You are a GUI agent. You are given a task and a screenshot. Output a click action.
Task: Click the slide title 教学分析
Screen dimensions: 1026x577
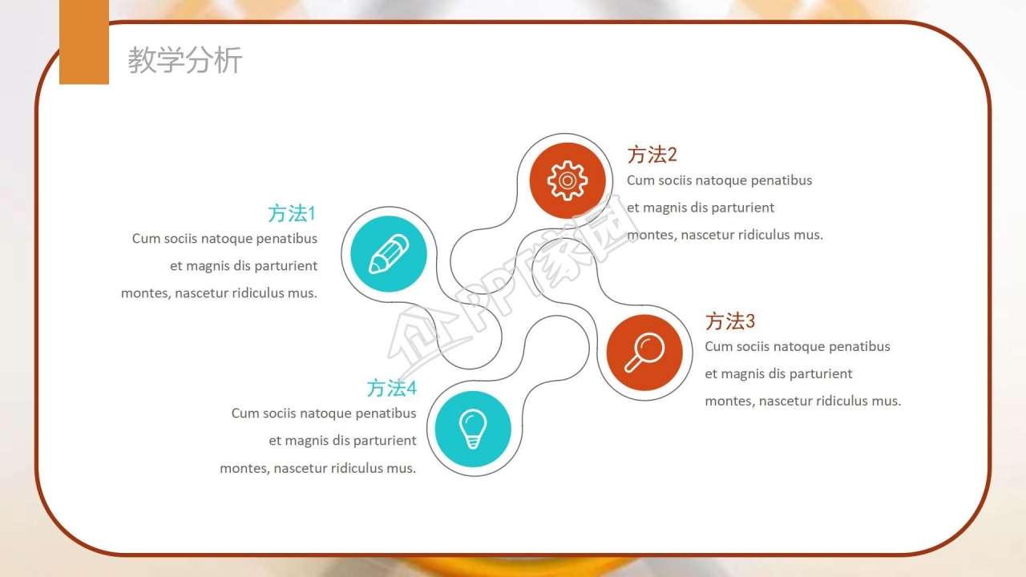tap(184, 60)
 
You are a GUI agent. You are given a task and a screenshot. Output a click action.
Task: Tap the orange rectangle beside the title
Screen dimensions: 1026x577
tap(84, 42)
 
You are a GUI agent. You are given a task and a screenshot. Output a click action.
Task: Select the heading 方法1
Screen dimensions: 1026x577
tap(292, 213)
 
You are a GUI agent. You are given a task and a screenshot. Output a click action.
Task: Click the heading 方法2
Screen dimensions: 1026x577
tap(652, 155)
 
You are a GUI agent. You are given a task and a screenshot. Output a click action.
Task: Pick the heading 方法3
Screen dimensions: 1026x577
tap(729, 321)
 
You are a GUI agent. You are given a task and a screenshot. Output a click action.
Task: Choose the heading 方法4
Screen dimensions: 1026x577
tap(392, 388)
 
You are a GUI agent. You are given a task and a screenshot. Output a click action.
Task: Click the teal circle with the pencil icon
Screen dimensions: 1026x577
tap(389, 254)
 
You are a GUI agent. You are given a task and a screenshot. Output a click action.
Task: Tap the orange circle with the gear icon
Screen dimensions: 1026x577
tap(568, 180)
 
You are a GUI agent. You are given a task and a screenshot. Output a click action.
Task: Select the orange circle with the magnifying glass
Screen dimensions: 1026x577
tap(644, 352)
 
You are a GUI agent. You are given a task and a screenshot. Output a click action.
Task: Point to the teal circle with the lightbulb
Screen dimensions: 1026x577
tap(473, 429)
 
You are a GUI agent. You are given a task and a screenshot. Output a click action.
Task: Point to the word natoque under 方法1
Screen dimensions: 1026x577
tap(226, 239)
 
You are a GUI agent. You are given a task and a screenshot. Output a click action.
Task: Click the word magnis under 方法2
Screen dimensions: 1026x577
tap(664, 208)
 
